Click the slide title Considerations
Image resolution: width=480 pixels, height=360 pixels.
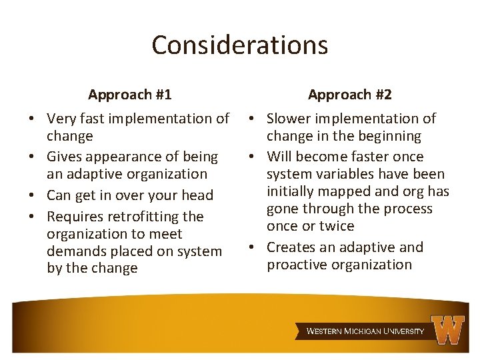tap(240, 45)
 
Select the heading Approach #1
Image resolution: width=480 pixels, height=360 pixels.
tap(130, 95)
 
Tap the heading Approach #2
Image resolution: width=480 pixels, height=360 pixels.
tap(350, 95)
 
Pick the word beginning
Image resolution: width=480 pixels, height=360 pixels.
tap(391, 136)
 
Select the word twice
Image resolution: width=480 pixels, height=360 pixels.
tap(337, 226)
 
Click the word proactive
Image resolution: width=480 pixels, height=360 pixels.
tap(297, 265)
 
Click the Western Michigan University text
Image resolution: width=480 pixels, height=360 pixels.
tap(365, 331)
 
